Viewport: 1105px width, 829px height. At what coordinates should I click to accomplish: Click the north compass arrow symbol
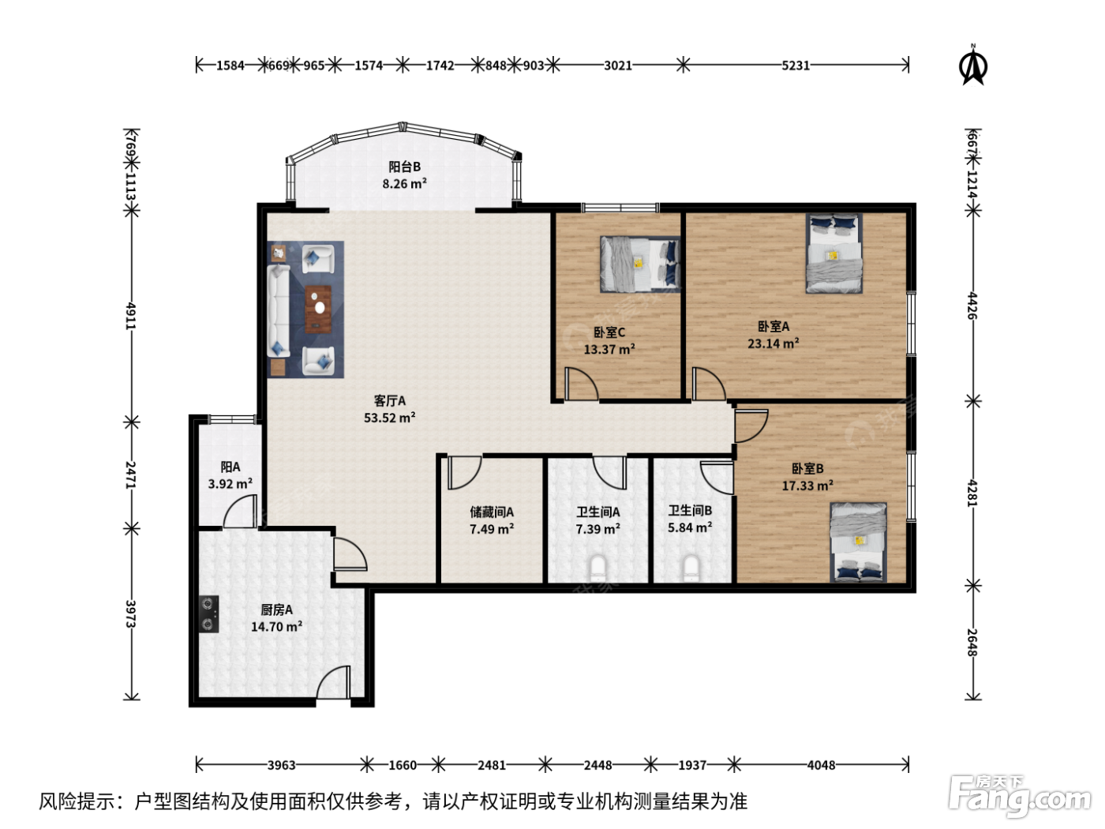pyautogui.click(x=974, y=66)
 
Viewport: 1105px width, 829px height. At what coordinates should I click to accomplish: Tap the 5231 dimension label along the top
pyautogui.click(x=796, y=66)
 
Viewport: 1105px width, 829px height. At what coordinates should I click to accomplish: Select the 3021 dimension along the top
pyautogui.click(x=618, y=66)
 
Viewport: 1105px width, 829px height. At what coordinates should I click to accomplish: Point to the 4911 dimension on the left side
pyautogui.click(x=131, y=316)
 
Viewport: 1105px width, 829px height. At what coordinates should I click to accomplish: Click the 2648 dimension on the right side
pyautogui.click(x=972, y=643)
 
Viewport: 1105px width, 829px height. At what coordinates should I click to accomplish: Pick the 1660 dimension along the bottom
pyautogui.click(x=403, y=766)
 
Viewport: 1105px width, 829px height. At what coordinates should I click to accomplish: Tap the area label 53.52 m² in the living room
pyautogui.click(x=390, y=418)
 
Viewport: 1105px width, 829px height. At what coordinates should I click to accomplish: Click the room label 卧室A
pyautogui.click(x=773, y=327)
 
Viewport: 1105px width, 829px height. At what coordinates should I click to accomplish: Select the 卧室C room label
pyautogui.click(x=609, y=332)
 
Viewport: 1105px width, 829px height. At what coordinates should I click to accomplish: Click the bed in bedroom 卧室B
pyautogui.click(x=858, y=542)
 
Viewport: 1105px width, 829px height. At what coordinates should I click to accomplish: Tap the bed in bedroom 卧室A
pyautogui.click(x=834, y=253)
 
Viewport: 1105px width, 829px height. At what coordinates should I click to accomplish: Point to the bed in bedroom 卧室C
pyautogui.click(x=640, y=264)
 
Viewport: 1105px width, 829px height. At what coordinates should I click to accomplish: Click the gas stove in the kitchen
pyautogui.click(x=208, y=614)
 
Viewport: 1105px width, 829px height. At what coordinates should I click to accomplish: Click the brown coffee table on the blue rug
pyautogui.click(x=318, y=309)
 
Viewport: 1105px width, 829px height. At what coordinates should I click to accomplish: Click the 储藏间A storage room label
pyautogui.click(x=492, y=512)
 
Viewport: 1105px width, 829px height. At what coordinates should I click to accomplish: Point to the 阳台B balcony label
pyautogui.click(x=404, y=167)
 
